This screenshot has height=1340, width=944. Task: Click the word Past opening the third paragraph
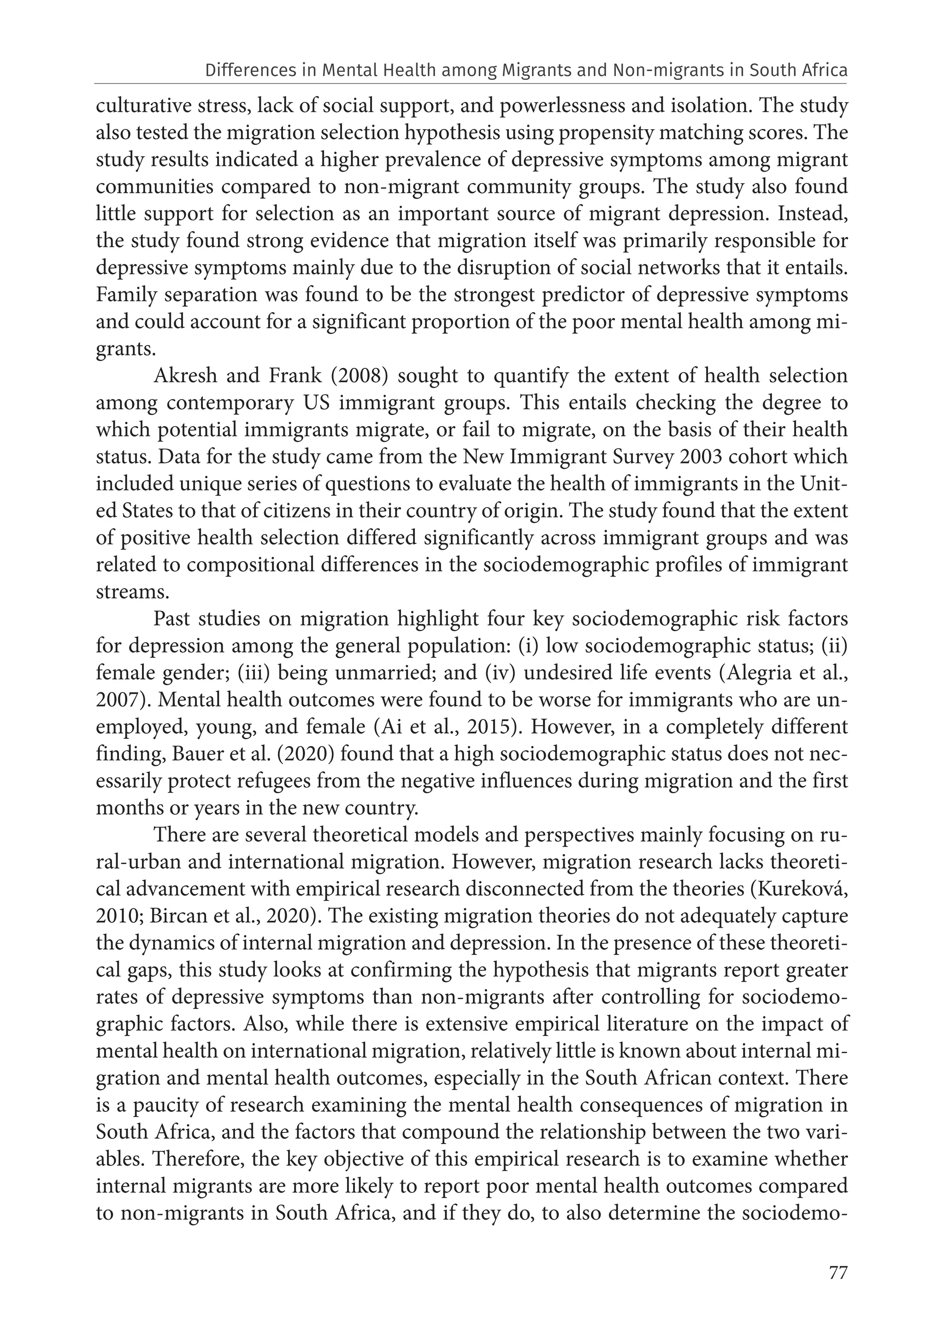point(176,619)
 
